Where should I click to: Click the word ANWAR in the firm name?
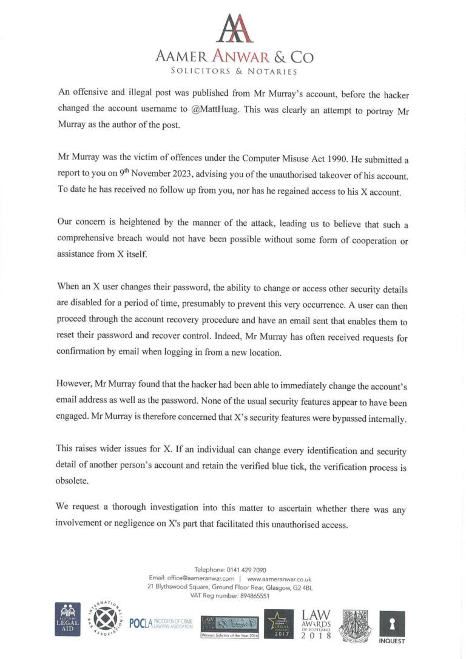[239, 57]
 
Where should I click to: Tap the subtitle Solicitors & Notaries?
[234, 72]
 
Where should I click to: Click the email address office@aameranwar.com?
[200, 579]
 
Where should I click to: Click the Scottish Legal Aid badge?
[68, 620]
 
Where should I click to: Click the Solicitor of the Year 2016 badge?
[229, 635]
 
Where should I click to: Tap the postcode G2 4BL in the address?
[300, 587]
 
